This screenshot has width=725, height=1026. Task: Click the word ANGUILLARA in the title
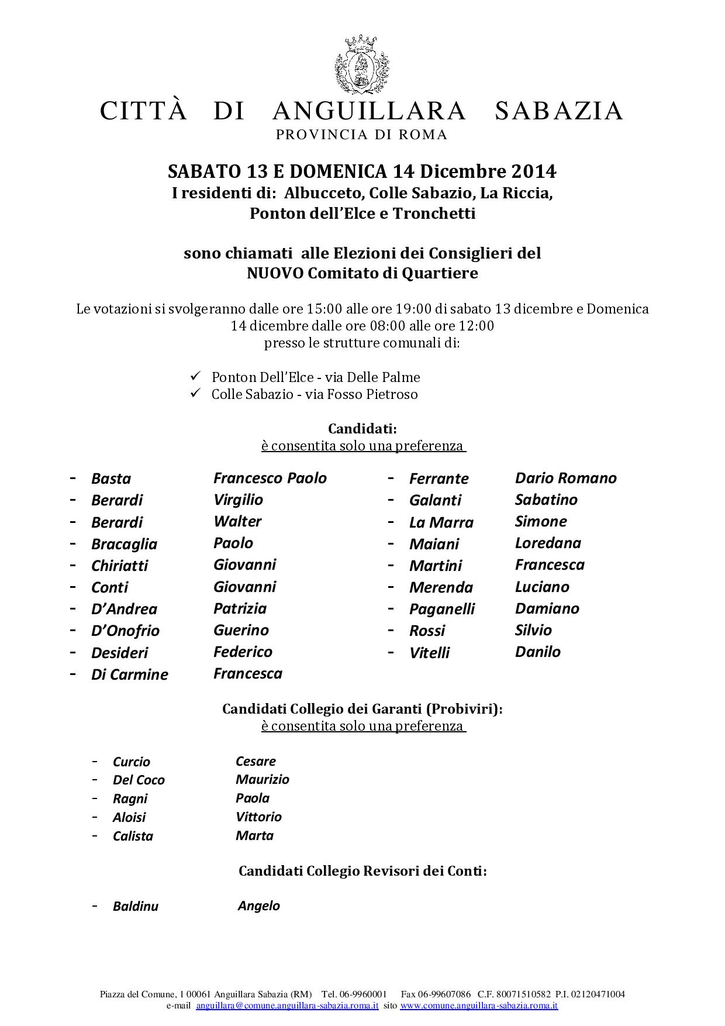[x=370, y=111]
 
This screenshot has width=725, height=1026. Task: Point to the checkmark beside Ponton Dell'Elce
[x=196, y=376]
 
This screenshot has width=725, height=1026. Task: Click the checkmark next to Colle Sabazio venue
[x=196, y=393]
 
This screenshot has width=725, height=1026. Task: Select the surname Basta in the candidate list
[x=111, y=478]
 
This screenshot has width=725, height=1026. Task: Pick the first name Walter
[x=237, y=521]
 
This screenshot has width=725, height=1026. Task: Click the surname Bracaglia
[x=124, y=544]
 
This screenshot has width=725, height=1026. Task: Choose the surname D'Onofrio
[x=125, y=631]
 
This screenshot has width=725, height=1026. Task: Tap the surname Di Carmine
[x=129, y=674]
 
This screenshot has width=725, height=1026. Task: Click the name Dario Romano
[x=565, y=478]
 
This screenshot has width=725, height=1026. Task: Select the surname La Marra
[x=441, y=522]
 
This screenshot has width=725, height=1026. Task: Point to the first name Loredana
[x=548, y=543]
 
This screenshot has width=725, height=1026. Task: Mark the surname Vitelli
[x=429, y=653]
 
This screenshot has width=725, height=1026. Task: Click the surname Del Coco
[x=139, y=780]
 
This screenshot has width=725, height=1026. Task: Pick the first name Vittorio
[x=258, y=817]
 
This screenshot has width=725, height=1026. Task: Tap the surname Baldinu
[x=136, y=906]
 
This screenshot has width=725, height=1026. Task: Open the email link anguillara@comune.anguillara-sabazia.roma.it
[x=287, y=1006]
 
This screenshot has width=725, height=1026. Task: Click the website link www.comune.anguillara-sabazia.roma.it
[x=479, y=1006]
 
